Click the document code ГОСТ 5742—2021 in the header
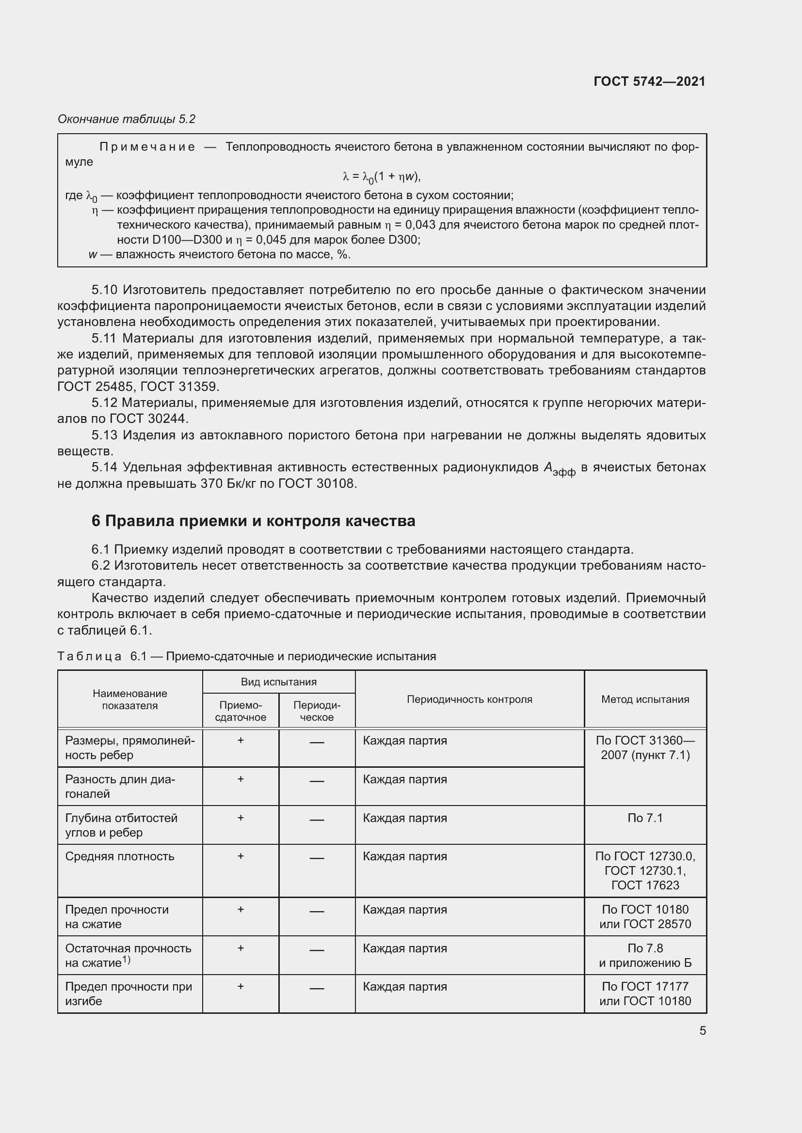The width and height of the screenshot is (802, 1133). click(649, 81)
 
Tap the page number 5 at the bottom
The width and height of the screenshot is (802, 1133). click(702, 1030)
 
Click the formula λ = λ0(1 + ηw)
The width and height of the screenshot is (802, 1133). click(381, 177)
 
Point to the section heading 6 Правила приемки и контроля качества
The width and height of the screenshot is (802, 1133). click(253, 521)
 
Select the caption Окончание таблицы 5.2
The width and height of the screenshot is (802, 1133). click(127, 119)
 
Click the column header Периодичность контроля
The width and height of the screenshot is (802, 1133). click(469, 699)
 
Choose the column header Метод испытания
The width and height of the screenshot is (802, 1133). click(645, 699)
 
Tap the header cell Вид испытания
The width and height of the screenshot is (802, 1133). click(278, 682)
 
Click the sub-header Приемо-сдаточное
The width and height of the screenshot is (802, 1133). click(241, 711)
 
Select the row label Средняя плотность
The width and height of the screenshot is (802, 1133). click(119, 856)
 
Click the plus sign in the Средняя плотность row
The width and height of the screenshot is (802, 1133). click(241, 855)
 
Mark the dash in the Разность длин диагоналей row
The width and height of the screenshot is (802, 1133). click(317, 781)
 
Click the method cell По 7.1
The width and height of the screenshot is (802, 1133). click(645, 818)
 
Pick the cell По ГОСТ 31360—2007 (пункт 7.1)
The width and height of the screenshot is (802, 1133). click(645, 747)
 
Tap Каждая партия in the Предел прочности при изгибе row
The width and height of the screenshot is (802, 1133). click(404, 986)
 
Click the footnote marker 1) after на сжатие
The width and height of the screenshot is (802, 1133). click(127, 960)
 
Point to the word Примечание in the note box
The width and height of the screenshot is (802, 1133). click(147, 147)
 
